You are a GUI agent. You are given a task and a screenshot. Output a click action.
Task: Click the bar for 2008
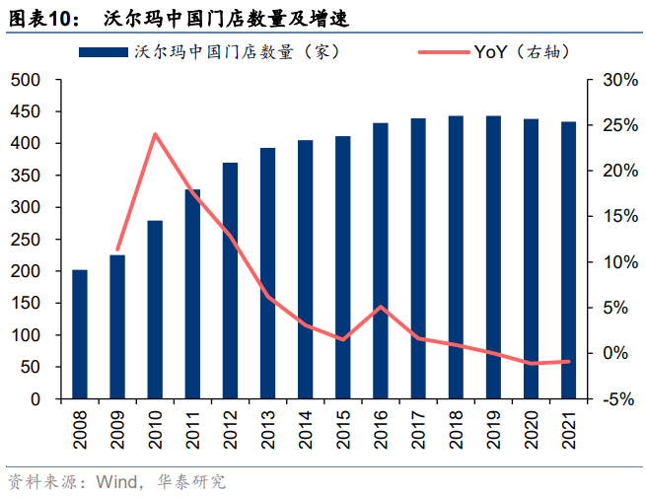point(80,334)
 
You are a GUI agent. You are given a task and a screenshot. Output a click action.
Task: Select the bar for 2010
point(155,310)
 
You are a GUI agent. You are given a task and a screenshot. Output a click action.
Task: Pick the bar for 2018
point(456,257)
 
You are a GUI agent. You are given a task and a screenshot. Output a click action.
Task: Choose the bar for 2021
point(568,260)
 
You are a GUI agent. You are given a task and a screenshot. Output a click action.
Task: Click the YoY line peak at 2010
point(155,134)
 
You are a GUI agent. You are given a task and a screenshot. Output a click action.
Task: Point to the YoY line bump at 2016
point(381,307)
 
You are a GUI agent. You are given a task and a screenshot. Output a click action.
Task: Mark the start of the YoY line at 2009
point(117,250)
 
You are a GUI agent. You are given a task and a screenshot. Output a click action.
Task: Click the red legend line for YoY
point(443,50)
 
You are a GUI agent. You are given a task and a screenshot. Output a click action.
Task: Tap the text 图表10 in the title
point(44,18)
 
